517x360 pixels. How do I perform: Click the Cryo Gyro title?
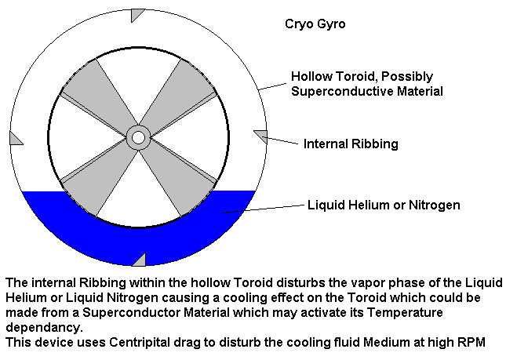point(315,24)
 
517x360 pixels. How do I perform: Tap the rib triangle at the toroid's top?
point(137,14)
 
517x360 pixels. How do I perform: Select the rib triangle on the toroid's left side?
point(15,139)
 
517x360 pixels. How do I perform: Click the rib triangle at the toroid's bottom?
point(140,261)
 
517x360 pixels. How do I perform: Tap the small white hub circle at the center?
point(139,138)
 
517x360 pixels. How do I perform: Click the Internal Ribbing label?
point(351,144)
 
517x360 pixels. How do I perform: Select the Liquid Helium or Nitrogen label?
point(384,205)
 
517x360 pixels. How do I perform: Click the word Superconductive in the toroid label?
point(342,91)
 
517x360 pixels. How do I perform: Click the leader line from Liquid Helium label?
point(263,209)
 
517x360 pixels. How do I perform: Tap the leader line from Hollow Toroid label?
point(273,87)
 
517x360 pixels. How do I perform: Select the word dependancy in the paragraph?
point(44,328)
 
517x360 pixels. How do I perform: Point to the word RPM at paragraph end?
point(471,342)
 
